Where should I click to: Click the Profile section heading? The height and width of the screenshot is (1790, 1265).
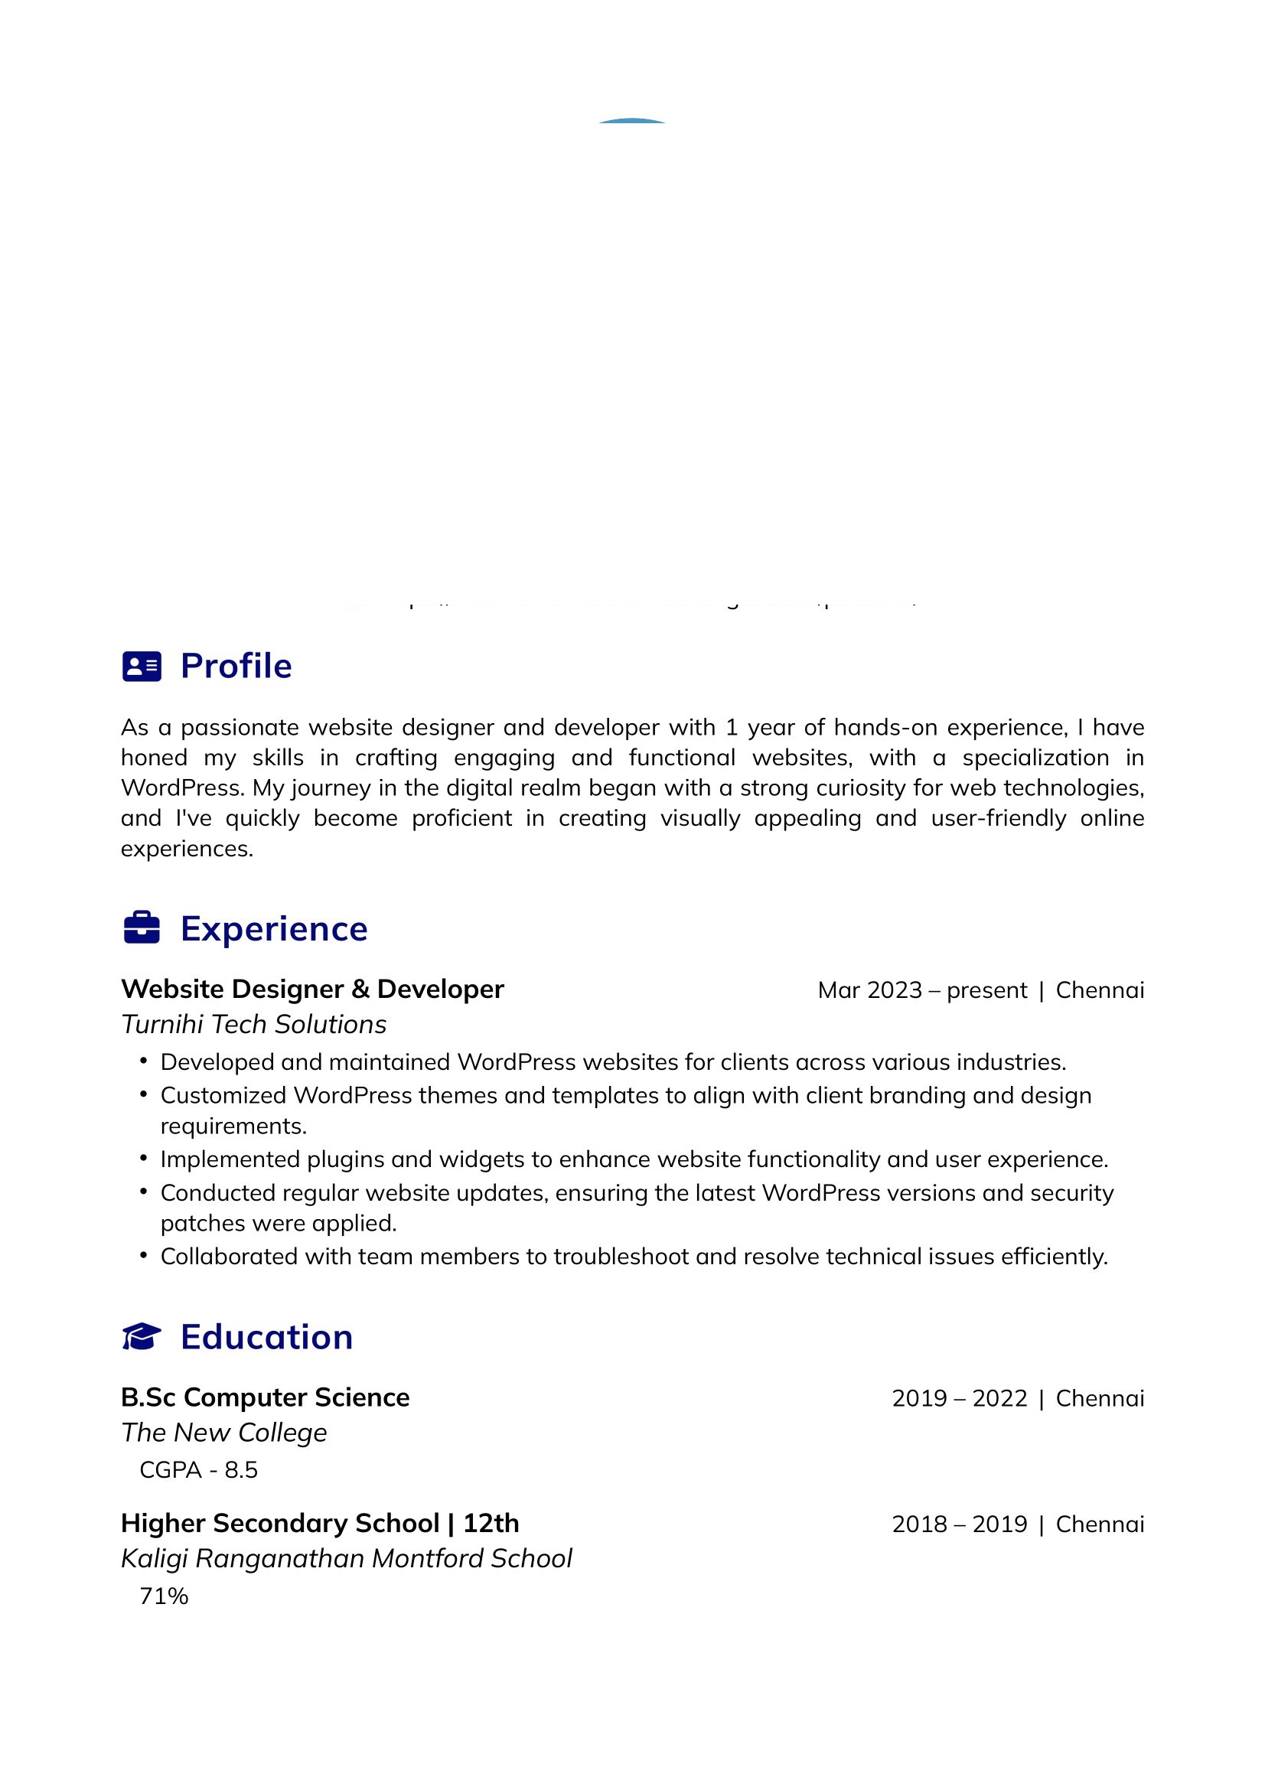[x=236, y=667]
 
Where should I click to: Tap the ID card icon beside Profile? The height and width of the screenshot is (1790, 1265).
[x=142, y=667]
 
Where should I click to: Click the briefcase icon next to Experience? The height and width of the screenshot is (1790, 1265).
[x=142, y=928]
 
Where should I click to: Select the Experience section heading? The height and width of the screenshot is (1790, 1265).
[x=273, y=929]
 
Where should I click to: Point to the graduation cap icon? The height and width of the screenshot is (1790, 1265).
[x=142, y=1336]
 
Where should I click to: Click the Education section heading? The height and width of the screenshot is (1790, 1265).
[x=266, y=1337]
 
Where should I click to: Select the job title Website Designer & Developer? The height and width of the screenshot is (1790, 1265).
[x=312, y=990]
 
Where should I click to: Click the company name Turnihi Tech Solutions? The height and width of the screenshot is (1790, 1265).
[x=254, y=1025]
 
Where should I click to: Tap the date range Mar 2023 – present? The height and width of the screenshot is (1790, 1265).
[x=922, y=990]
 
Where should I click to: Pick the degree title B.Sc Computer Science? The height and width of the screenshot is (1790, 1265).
[x=265, y=1398]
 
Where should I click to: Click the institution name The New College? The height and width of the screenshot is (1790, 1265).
[x=223, y=1433]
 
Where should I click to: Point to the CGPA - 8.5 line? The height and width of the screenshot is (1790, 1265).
[x=199, y=1470]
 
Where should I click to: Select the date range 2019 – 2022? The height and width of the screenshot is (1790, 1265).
[x=960, y=1399]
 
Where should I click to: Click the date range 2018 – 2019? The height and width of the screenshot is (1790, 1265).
[x=960, y=1524]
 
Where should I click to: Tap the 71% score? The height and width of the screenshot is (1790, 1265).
[x=164, y=1596]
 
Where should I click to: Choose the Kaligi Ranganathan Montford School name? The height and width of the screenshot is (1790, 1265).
[x=346, y=1558]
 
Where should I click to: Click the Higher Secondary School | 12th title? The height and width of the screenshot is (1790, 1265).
[x=320, y=1524]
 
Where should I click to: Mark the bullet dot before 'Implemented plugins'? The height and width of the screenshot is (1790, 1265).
[x=143, y=1159]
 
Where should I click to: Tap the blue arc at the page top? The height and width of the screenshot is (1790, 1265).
[x=632, y=121]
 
